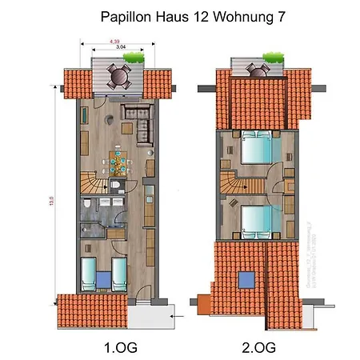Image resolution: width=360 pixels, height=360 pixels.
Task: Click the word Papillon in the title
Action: coord(125,16)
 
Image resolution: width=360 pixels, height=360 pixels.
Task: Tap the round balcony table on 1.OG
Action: coord(118,78)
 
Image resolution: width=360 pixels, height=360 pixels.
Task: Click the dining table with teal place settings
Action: coord(118,163)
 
